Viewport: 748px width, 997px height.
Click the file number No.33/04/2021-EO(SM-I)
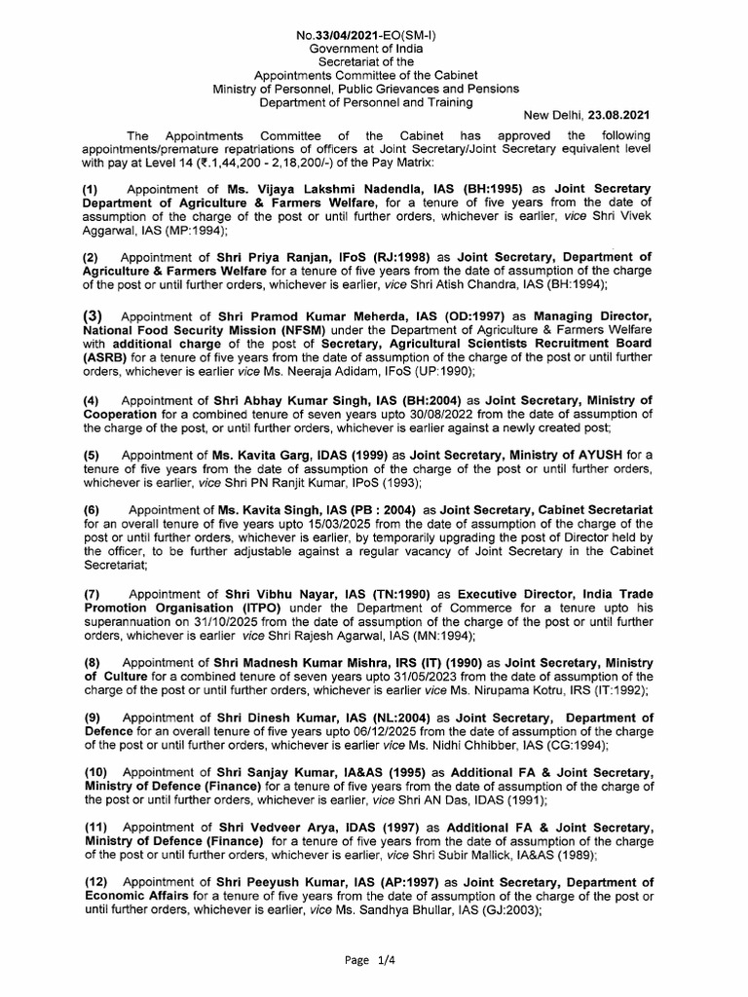(x=373, y=36)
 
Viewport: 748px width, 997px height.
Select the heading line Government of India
(x=373, y=49)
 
